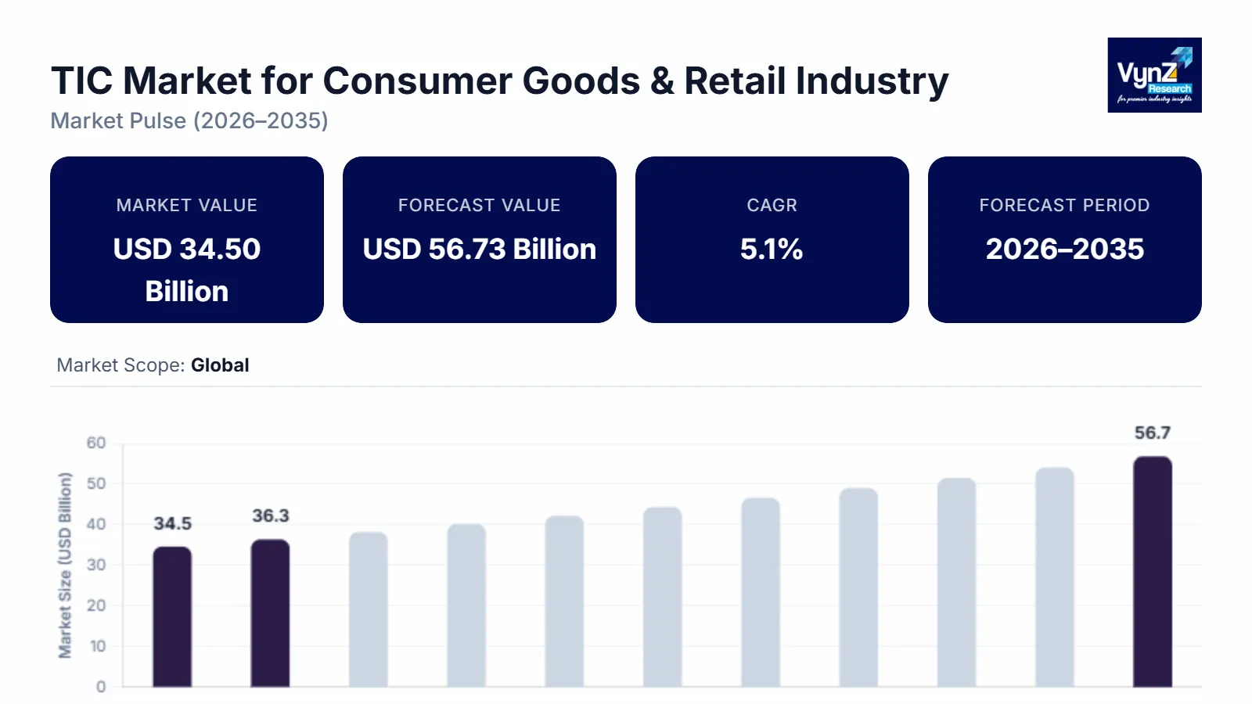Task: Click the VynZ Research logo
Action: click(x=1154, y=75)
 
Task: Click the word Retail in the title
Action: click(x=736, y=81)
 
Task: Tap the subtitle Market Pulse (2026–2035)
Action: click(x=189, y=121)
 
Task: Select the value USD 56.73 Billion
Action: click(x=479, y=250)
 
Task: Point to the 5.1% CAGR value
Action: click(x=772, y=250)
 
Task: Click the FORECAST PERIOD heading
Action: click(x=1064, y=205)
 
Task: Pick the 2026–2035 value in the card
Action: click(x=1064, y=250)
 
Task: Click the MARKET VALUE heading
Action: click(x=186, y=205)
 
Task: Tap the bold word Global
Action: click(x=220, y=365)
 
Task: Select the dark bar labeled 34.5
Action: click(x=172, y=618)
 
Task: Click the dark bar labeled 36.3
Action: click(x=270, y=614)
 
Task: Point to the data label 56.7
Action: click(x=1152, y=433)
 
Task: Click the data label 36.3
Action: click(x=270, y=515)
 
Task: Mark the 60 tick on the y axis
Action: click(x=96, y=443)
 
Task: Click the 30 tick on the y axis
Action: click(x=96, y=565)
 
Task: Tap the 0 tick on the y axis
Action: click(x=101, y=687)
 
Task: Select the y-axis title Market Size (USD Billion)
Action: click(x=65, y=565)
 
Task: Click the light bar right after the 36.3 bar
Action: click(x=369, y=610)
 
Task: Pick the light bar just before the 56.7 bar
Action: click(x=1054, y=579)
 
